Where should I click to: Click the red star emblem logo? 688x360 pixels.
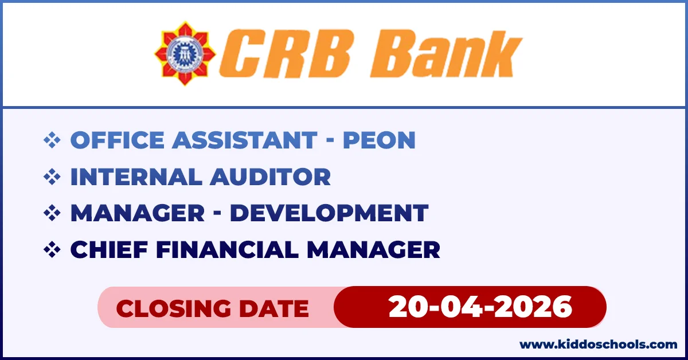[185, 53]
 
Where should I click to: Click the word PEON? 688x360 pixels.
[379, 140]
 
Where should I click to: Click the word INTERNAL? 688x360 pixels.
[135, 177]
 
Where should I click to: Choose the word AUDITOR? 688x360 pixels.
[270, 177]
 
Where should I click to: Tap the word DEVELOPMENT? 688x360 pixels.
[329, 213]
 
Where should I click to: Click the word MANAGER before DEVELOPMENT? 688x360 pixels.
[137, 213]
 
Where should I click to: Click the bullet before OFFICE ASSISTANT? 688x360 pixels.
[52, 140]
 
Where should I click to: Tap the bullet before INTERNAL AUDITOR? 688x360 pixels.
[52, 177]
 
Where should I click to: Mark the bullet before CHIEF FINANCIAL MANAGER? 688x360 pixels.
[52, 249]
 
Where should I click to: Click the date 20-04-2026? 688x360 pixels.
[480, 307]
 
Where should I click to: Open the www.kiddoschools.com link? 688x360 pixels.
[598, 345]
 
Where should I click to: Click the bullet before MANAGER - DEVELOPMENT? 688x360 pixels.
[52, 213]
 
